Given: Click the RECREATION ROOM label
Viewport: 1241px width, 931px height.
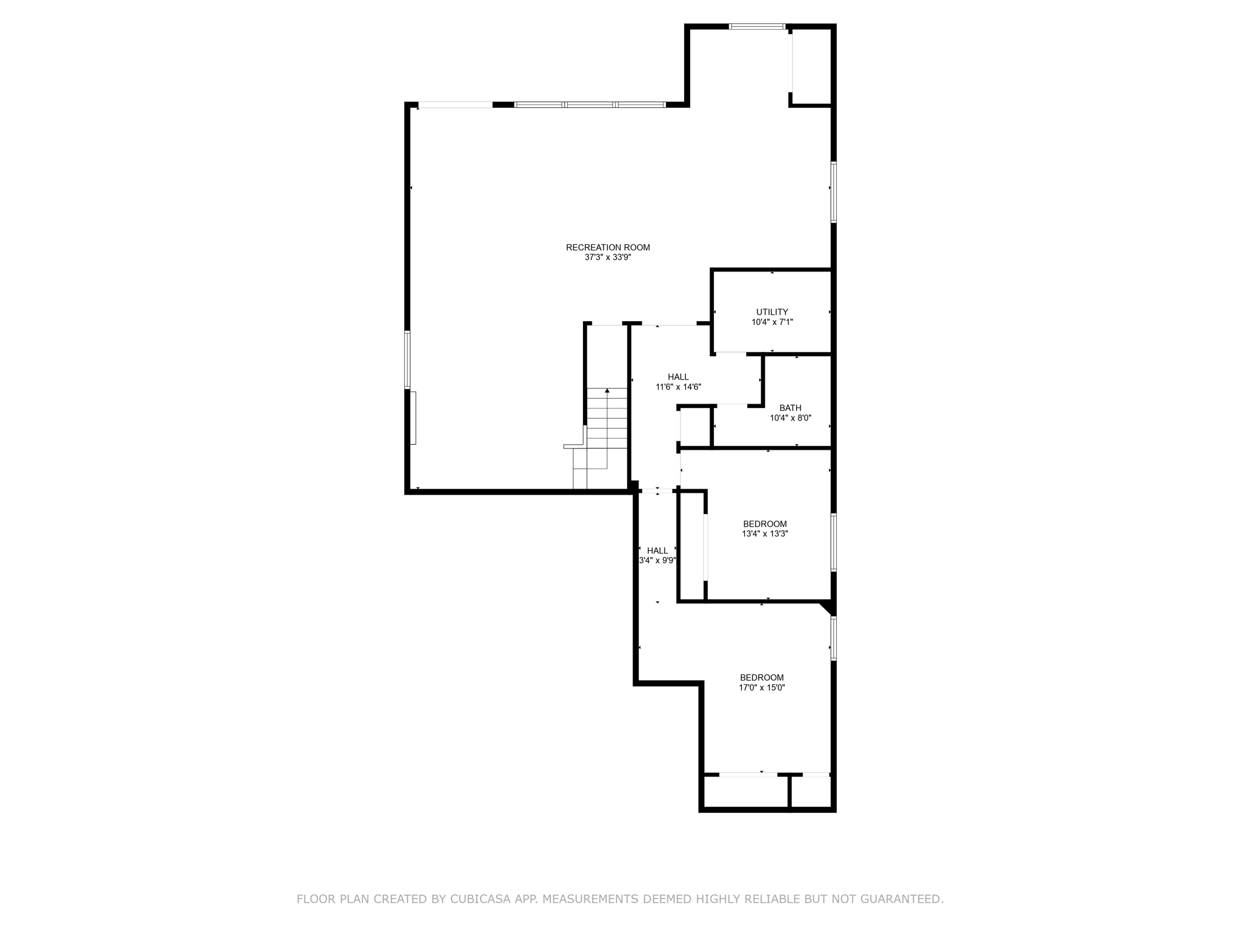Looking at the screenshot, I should (x=608, y=247).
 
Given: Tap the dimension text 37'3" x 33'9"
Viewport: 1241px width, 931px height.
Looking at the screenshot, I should (x=608, y=257).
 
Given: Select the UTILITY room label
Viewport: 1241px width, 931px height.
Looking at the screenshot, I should (x=772, y=312).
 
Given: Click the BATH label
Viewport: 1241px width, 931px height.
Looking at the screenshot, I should (x=790, y=408).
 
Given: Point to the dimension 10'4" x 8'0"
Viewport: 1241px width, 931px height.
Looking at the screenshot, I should (x=790, y=418).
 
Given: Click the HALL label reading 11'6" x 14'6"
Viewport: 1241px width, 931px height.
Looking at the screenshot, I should (x=678, y=377).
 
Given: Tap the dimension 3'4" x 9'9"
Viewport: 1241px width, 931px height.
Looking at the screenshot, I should (x=657, y=561).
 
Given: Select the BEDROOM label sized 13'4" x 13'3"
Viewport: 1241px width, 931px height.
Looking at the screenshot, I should (x=765, y=524).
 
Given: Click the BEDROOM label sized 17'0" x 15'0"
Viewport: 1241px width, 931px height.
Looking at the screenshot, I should (x=762, y=678).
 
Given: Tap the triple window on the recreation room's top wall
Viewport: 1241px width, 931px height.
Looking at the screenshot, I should (x=590, y=105).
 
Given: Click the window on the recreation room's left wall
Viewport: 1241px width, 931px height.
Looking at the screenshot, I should (x=408, y=359).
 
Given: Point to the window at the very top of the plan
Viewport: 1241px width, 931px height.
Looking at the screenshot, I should (x=757, y=27).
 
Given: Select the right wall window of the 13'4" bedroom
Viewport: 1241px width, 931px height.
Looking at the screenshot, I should (x=833, y=542).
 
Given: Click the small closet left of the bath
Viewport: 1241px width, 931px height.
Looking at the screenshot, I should (x=695, y=427).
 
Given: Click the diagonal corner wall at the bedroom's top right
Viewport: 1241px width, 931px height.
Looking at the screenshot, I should (x=828, y=607).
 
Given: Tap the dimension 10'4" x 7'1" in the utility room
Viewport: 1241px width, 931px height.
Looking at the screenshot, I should (x=772, y=322).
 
